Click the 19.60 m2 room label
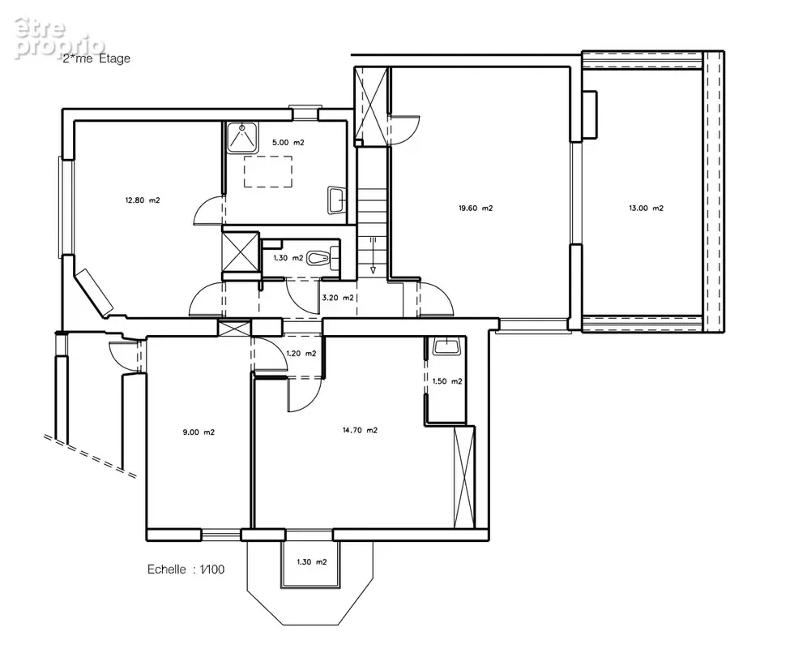click(x=476, y=208)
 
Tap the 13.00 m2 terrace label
click(x=647, y=208)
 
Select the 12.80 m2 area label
click(x=143, y=200)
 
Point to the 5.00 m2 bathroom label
click(x=288, y=143)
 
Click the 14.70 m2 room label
click(x=360, y=431)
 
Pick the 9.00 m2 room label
click(x=198, y=432)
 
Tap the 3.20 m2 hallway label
click(x=338, y=298)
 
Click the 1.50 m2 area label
click(x=447, y=381)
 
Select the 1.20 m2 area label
click(x=301, y=354)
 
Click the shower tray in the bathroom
click(x=242, y=137)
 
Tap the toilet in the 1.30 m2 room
click(x=323, y=257)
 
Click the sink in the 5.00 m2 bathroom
click(x=337, y=200)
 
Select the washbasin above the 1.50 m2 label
click(x=446, y=346)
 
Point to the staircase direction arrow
click(x=374, y=256)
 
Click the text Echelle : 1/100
click(x=186, y=569)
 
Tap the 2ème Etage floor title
click(x=96, y=58)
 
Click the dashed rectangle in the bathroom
click(x=268, y=171)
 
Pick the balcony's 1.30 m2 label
click(x=312, y=561)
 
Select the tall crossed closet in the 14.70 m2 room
click(x=463, y=477)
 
